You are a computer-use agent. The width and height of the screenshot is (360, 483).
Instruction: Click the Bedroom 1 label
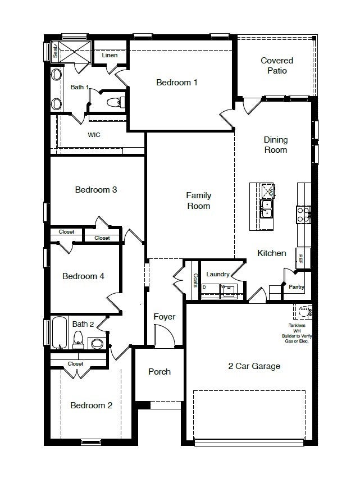coord(176,83)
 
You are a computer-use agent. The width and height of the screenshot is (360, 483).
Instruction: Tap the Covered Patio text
coord(277,66)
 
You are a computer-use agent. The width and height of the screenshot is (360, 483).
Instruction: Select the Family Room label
coord(199,201)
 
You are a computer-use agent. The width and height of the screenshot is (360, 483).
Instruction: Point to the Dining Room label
coord(275,145)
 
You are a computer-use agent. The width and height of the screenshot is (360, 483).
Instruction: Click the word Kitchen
coord(272,253)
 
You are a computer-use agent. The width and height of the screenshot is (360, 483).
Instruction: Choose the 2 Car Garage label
coord(254,366)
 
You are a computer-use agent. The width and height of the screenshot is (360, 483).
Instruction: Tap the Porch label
coord(160,372)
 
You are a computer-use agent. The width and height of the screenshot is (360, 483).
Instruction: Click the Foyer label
coord(165,317)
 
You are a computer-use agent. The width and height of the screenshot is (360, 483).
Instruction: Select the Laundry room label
coord(218,274)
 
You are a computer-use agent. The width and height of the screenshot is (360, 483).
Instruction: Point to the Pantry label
coord(297,286)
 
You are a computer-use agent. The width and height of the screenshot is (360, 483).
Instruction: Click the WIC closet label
coord(94,135)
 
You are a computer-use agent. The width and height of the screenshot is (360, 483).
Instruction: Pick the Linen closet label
coord(110,55)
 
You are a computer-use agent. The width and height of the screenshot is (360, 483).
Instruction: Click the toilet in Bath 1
coord(115,102)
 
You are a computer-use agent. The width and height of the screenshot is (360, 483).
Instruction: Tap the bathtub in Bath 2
coord(60,332)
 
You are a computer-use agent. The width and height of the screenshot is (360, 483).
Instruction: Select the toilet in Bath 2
coord(79,340)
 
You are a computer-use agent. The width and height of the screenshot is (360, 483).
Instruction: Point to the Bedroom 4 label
coord(83,276)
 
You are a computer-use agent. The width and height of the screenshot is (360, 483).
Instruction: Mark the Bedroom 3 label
coord(96,190)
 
